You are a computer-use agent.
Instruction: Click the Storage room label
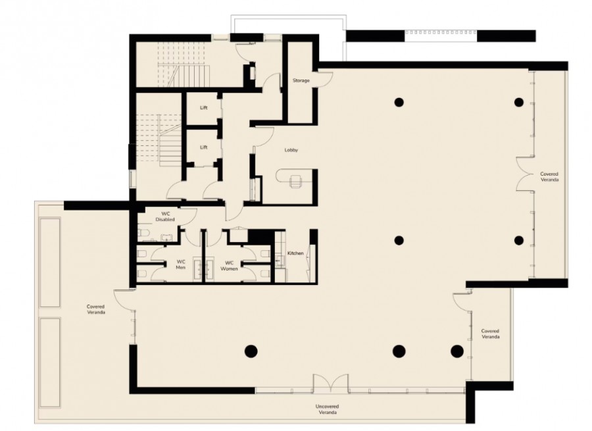301,80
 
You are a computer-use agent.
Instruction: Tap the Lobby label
291,150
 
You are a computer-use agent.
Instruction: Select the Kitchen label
295,253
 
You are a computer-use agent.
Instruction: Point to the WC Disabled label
165,216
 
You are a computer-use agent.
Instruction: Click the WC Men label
181,265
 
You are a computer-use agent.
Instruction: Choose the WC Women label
229,266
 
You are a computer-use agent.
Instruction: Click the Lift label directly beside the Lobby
204,147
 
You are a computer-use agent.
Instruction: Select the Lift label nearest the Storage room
204,108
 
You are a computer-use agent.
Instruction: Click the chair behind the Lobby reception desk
295,181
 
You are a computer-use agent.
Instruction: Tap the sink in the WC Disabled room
166,238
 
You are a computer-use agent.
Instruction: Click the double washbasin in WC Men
199,268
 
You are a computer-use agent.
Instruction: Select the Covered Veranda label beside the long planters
95,309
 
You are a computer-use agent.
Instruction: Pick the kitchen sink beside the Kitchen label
280,261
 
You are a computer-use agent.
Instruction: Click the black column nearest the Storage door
399,102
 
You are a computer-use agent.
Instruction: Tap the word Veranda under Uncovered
328,413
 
